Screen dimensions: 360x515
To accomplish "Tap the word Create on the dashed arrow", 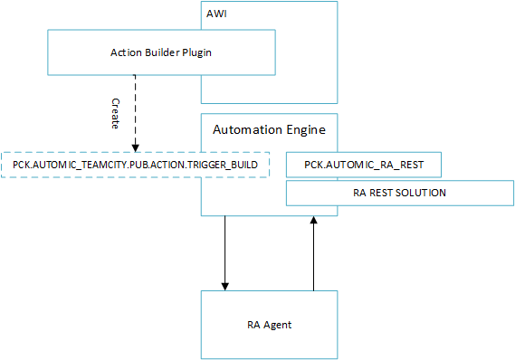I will click(115, 113).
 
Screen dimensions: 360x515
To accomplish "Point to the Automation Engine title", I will click(269, 129).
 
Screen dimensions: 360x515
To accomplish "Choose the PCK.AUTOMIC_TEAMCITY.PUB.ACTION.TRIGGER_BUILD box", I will click(135, 165).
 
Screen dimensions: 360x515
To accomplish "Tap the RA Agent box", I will click(269, 324).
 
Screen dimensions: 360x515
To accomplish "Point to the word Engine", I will click(306, 129).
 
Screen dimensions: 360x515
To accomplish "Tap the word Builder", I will click(156, 52).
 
